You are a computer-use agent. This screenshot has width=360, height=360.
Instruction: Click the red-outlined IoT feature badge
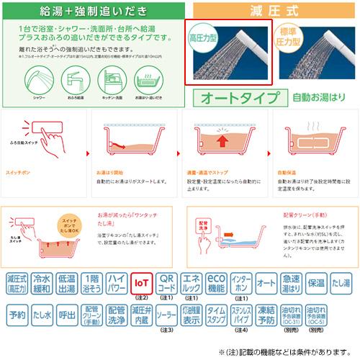[142, 282]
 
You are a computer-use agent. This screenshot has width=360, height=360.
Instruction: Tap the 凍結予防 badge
[266, 315]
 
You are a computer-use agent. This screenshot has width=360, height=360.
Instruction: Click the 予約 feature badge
[16, 315]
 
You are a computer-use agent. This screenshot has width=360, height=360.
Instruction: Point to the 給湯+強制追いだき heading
[94, 10]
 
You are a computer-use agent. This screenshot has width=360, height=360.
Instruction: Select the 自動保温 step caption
[287, 174]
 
